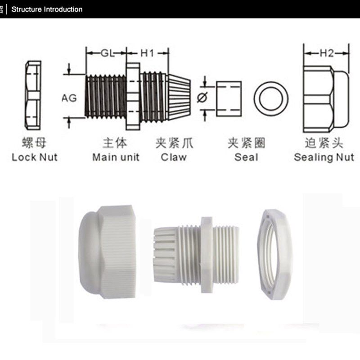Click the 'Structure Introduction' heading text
[47, 9]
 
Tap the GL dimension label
[108, 54]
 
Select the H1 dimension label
[147, 53]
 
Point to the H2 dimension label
[327, 53]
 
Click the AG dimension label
[69, 98]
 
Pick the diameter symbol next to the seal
[202, 98]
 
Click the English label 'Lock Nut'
[35, 157]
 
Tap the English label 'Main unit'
[116, 157]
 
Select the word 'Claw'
[174, 157]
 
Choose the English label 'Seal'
[246, 157]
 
